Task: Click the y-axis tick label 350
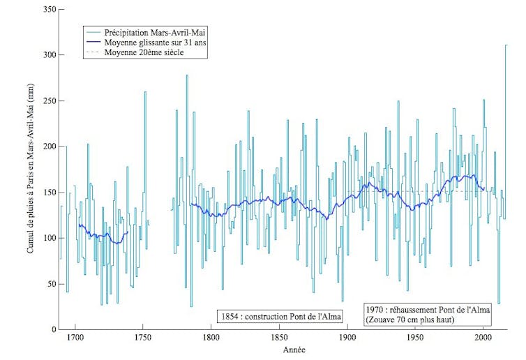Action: (x=50, y=10)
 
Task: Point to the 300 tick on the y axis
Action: (x=50, y=55)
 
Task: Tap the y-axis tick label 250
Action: (x=50, y=101)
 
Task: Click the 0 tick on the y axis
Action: (x=54, y=329)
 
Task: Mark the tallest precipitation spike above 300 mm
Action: (x=506, y=46)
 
